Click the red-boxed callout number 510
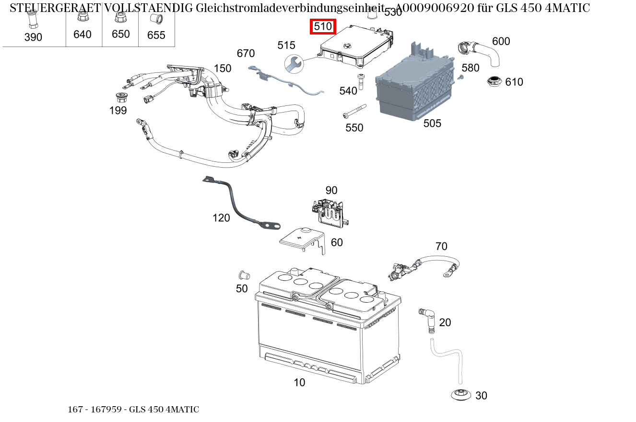(323, 27)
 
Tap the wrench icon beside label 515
(293, 63)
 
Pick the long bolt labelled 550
(354, 111)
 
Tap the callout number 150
(223, 68)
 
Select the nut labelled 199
(121, 97)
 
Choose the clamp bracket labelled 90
(330, 211)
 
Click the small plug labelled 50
(244, 275)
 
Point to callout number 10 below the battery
(299, 382)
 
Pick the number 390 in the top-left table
(33, 37)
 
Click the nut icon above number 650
(120, 18)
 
